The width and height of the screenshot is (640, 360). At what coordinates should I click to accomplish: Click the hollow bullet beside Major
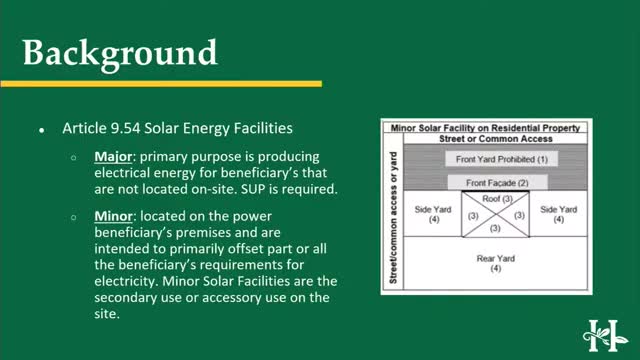74,158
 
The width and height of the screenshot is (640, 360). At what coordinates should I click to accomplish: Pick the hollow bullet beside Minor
74,216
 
